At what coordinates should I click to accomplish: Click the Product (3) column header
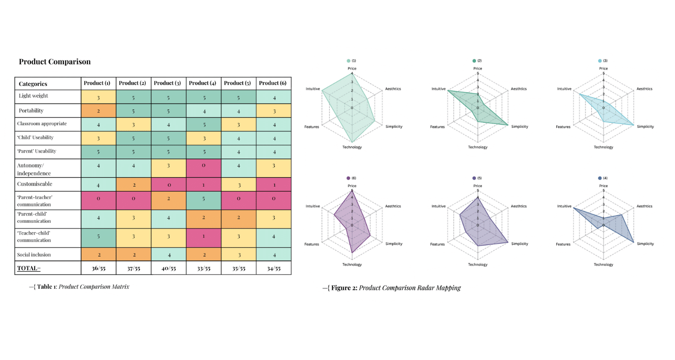(168, 83)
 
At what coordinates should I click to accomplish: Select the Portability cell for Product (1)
(99, 110)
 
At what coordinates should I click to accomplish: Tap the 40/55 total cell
(168, 269)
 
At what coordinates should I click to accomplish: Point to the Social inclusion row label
(34, 255)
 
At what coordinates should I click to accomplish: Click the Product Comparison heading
(54, 62)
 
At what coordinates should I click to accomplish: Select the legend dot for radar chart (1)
(348, 61)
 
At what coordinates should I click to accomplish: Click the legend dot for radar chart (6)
(348, 178)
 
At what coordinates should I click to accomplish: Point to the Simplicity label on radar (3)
(645, 127)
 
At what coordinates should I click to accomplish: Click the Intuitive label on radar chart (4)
(564, 206)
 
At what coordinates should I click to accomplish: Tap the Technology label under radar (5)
(477, 265)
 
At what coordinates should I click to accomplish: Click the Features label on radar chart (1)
(311, 127)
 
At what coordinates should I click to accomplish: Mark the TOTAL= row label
(29, 269)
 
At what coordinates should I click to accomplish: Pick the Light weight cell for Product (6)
(274, 97)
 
